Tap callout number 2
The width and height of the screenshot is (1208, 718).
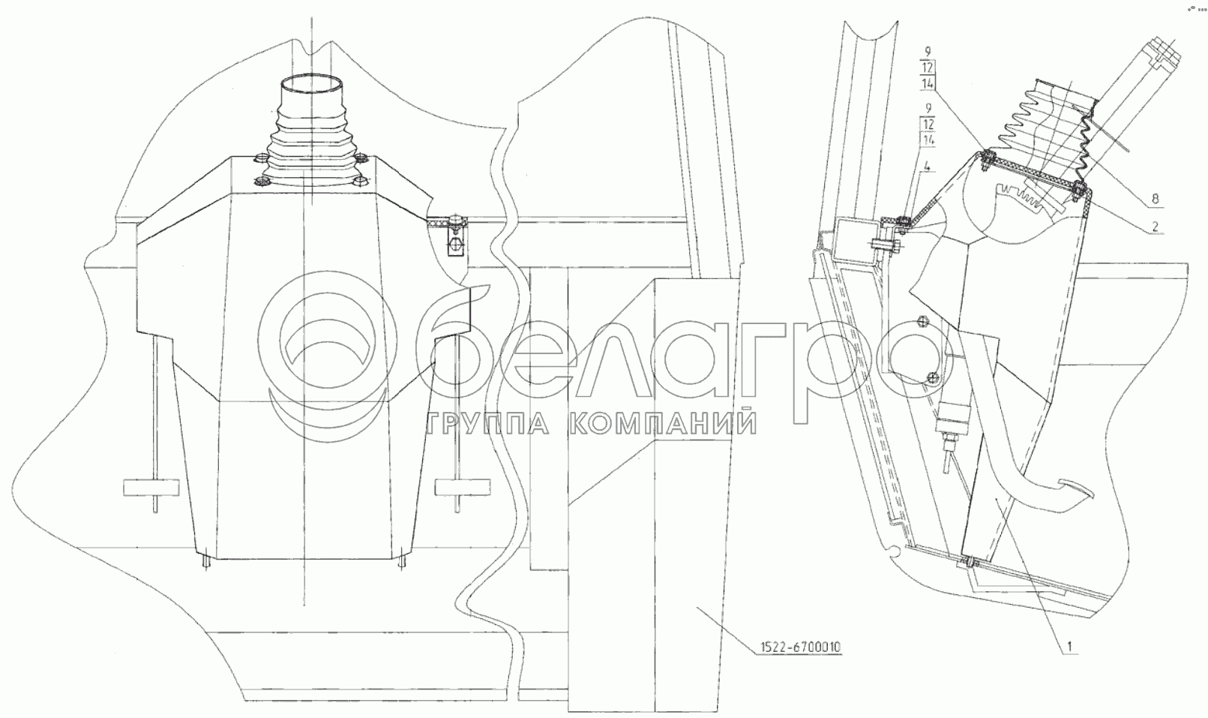(1155, 227)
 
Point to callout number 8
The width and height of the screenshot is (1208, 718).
(1155, 200)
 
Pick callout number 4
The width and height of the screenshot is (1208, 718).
(927, 167)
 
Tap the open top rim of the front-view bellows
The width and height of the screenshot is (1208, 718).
(312, 86)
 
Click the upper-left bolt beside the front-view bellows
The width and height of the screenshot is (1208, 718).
(260, 160)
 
